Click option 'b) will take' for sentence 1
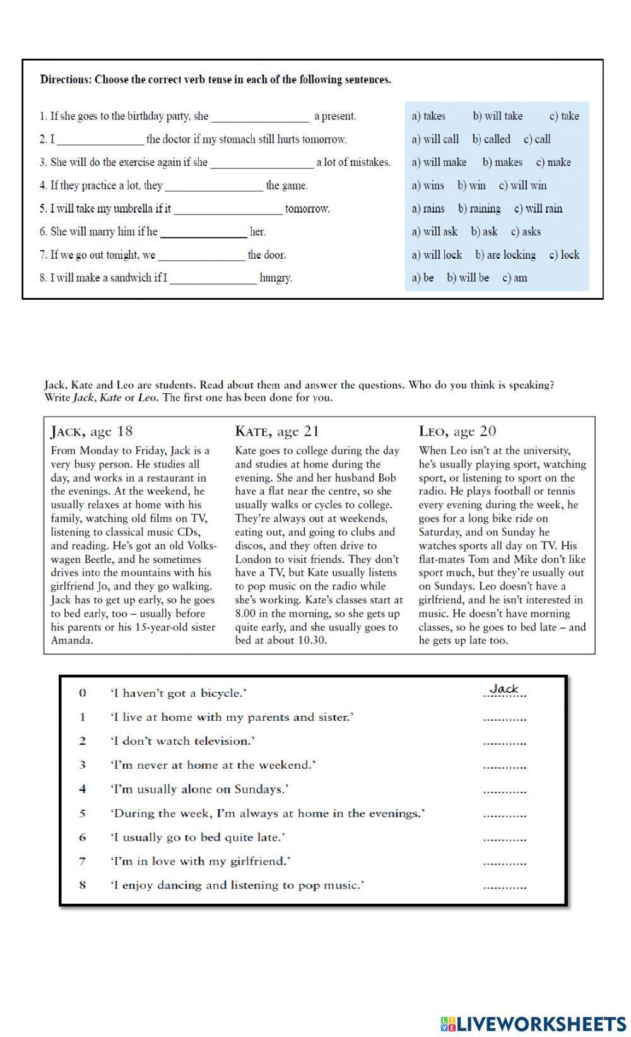pos(497,116)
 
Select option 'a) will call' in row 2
pos(435,139)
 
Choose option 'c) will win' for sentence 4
pos(522,186)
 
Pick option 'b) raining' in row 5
pos(479,209)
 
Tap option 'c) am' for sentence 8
pos(514,278)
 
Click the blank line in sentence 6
pos(203,232)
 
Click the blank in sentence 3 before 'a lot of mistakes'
pos(261,163)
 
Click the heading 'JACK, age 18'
pos(91,432)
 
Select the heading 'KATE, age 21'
pos(277,432)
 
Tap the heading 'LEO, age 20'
pos(457,432)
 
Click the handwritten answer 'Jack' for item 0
pos(504,689)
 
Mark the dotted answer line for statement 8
pos(504,887)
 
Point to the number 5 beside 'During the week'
pos(82,814)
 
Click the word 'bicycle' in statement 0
pos(220,694)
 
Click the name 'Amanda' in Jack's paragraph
pos(72,641)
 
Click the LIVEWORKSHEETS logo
pos(533,1023)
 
